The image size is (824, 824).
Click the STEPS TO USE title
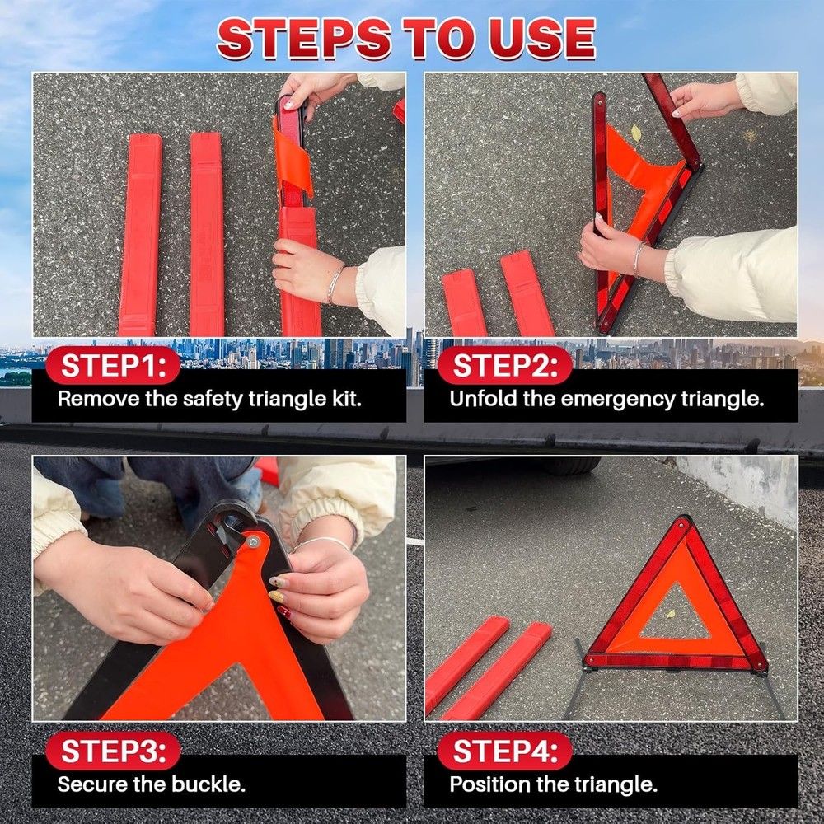(x=406, y=39)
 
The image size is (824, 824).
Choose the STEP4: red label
(x=504, y=751)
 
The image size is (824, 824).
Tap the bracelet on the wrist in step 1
(x=334, y=283)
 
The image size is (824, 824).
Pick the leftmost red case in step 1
(x=140, y=235)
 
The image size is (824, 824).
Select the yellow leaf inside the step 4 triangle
(x=671, y=614)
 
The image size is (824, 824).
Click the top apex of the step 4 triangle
(x=682, y=521)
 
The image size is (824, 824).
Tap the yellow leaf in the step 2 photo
(x=636, y=133)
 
